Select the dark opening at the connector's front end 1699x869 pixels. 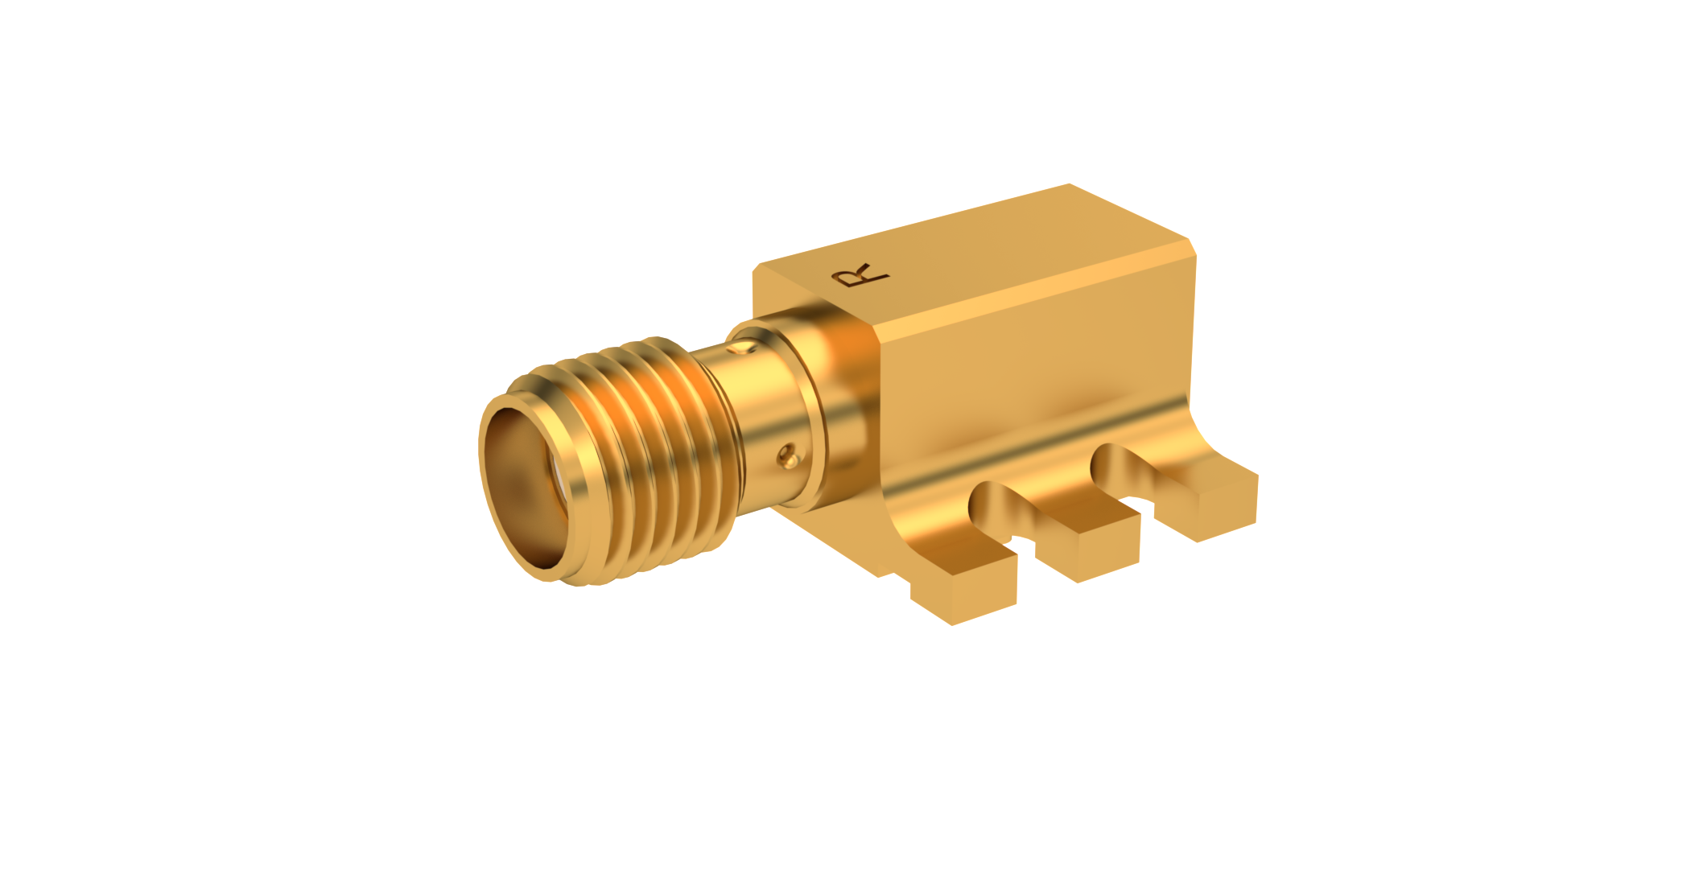(523, 483)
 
